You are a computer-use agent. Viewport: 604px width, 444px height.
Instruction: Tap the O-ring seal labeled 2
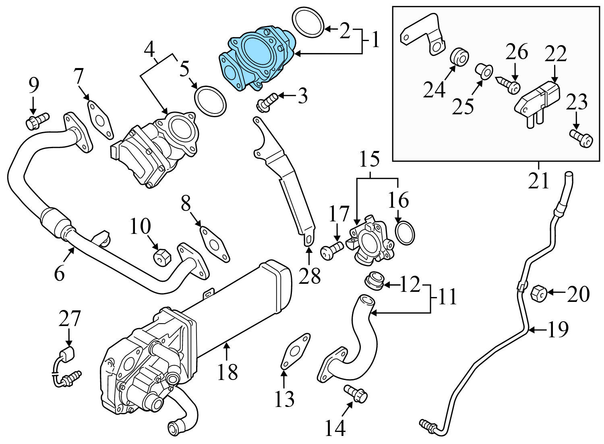(x=308, y=23)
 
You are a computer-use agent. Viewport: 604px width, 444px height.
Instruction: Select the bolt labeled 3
(x=266, y=102)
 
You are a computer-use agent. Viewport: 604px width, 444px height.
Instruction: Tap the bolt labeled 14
(x=356, y=393)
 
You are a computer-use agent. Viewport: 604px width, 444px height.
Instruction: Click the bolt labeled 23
(x=581, y=140)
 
